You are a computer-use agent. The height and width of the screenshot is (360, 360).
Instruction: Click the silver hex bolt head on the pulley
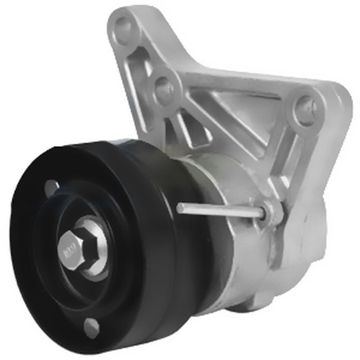[71, 248]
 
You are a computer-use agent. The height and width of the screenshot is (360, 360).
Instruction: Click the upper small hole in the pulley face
[51, 187]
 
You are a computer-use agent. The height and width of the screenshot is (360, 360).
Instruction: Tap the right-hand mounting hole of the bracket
[304, 108]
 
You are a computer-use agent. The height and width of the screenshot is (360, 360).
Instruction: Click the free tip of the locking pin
[180, 208]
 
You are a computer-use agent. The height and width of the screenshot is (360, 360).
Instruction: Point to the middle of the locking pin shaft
[220, 211]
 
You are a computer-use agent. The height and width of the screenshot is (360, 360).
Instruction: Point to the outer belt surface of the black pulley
[155, 234]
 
